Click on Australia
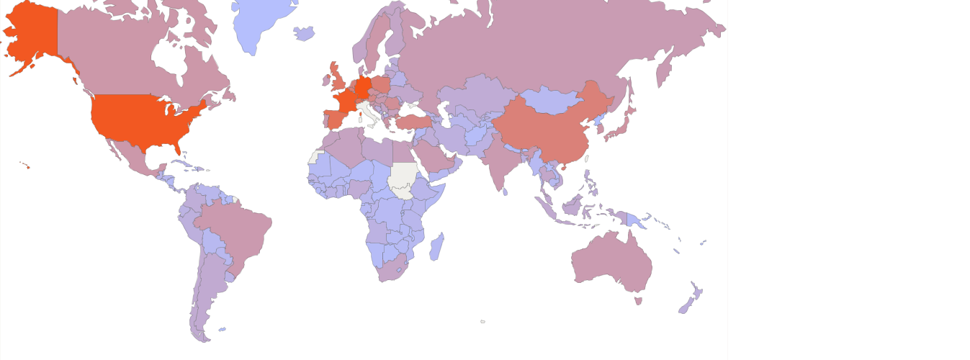(x=612, y=263)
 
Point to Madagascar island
(x=436, y=247)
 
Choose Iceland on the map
(x=305, y=33)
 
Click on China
(x=547, y=130)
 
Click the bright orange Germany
(x=364, y=86)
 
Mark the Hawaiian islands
(x=26, y=166)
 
